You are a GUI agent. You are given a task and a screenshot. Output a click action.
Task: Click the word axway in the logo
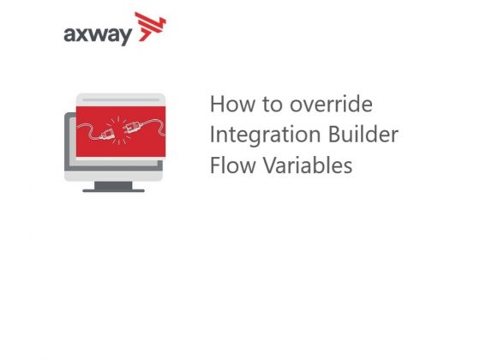click(x=96, y=34)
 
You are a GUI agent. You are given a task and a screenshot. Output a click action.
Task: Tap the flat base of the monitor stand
click(x=119, y=187)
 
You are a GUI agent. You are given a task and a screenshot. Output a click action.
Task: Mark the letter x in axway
click(x=85, y=35)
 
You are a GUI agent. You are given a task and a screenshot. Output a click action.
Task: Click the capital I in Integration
click(x=213, y=135)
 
